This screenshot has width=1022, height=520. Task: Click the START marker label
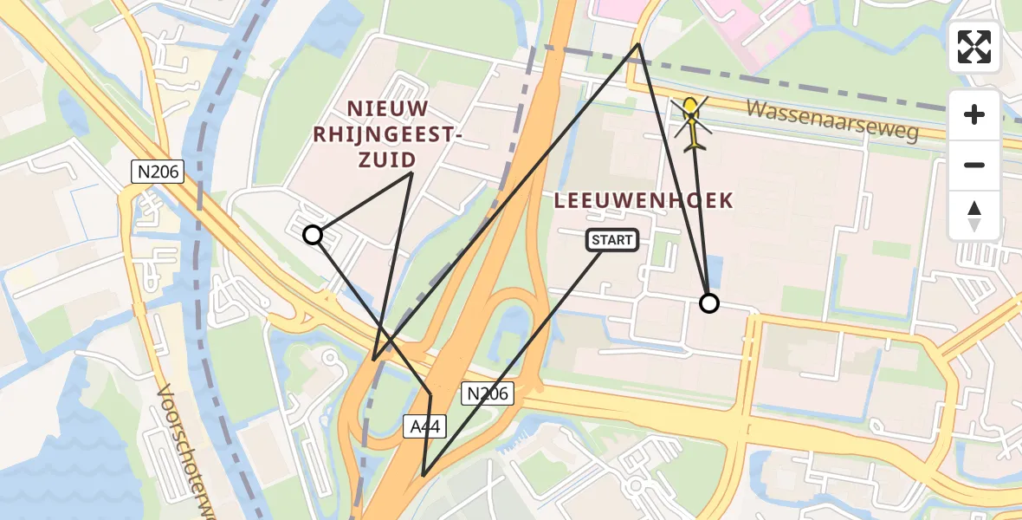point(613,240)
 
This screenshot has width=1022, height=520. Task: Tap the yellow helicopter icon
point(692,124)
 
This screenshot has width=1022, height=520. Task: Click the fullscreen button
point(974,47)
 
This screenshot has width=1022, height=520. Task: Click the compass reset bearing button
point(974,216)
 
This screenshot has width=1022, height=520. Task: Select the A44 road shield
point(417,426)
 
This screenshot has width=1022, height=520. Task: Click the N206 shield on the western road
point(158,172)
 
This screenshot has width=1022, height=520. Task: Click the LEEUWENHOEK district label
point(644,201)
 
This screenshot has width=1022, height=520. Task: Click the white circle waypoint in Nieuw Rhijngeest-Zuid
point(313,235)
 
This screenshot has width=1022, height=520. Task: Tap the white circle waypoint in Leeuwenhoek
point(709,302)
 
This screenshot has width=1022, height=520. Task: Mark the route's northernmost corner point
point(638,44)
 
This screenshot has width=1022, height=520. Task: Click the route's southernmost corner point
point(423,476)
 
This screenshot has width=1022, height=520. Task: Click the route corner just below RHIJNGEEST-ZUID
point(411,173)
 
